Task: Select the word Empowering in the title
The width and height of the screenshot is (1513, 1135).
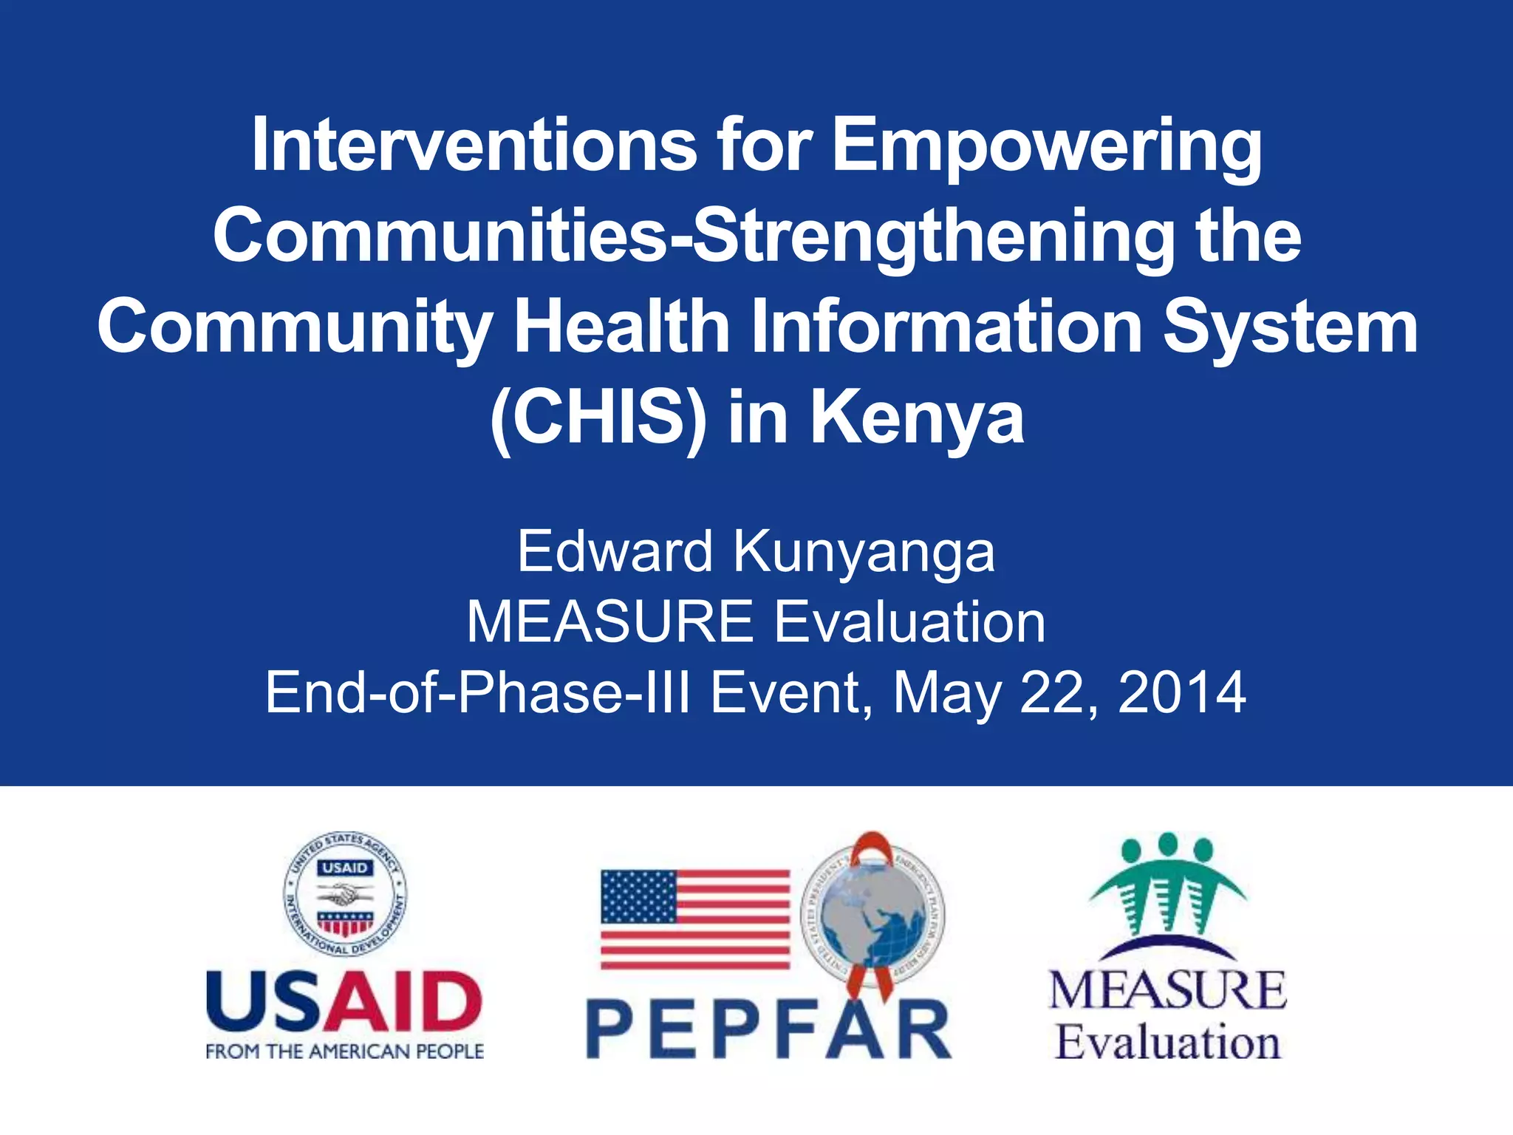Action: click(x=1047, y=146)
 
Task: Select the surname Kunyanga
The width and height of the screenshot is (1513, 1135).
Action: click(x=864, y=551)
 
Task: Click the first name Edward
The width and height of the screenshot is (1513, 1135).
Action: click(x=615, y=551)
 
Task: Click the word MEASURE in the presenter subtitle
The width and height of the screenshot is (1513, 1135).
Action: click(x=609, y=621)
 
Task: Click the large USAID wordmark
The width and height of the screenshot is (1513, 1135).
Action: click(x=344, y=1002)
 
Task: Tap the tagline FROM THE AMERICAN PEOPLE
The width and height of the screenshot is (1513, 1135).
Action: click(x=344, y=1052)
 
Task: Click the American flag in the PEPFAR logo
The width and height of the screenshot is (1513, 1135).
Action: click(x=695, y=919)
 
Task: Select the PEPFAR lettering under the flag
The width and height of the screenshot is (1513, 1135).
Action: click(x=768, y=1029)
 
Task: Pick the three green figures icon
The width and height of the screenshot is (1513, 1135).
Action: click(x=1167, y=883)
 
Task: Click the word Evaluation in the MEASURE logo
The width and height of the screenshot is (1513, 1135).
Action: click(x=1167, y=1043)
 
